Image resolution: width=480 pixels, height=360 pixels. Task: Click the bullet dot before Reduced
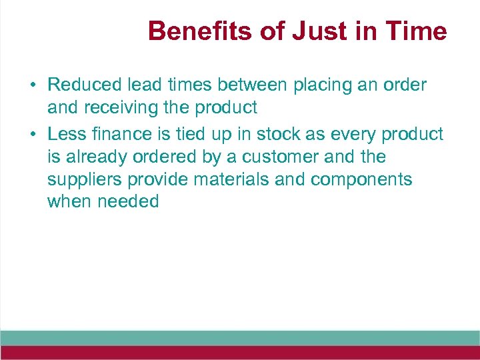click(32, 86)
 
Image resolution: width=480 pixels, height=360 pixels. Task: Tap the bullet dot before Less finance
click(32, 135)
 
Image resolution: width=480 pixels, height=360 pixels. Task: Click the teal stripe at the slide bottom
click(240, 337)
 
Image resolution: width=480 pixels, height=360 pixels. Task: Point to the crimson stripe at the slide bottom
click(240, 353)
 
